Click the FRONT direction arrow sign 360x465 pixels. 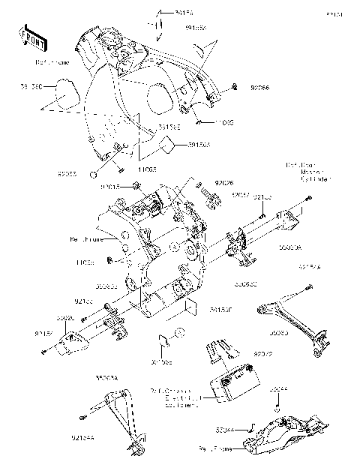(28, 34)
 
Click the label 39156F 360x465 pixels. (220, 308)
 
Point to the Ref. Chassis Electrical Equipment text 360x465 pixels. (174, 397)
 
